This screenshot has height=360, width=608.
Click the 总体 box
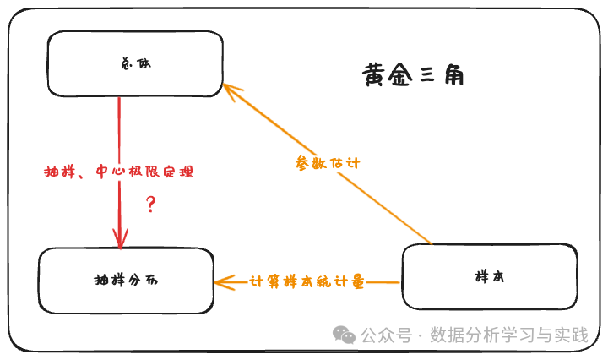(135, 64)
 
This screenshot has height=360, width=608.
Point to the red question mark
(151, 204)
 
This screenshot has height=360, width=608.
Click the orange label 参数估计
(328, 163)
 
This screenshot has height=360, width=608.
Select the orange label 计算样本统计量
(307, 282)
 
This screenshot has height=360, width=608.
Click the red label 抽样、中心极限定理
(118, 172)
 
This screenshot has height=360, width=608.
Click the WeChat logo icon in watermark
(344, 335)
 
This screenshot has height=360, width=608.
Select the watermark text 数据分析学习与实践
(508, 335)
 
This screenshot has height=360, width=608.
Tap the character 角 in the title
(453, 76)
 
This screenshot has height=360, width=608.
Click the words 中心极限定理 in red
(144, 172)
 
